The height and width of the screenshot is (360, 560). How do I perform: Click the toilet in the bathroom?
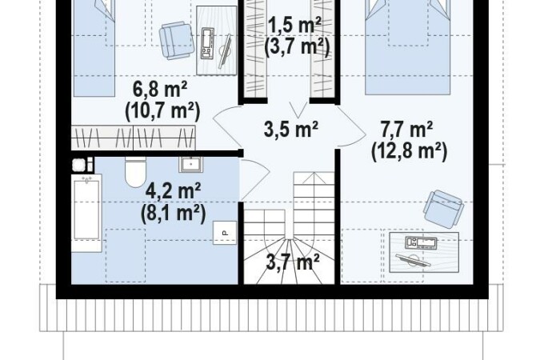(136, 172)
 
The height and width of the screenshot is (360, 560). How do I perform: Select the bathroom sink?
(191, 164)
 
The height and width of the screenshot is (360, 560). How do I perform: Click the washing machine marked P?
(225, 233)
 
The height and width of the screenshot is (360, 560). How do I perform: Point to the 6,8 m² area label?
(160, 90)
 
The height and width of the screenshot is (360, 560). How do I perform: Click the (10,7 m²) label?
(162, 110)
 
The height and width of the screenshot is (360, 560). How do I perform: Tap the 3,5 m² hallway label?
(291, 130)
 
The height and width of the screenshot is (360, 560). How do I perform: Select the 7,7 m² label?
(406, 130)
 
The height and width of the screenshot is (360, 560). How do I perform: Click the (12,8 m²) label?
(410, 151)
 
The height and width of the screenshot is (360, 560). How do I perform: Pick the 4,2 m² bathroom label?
(173, 191)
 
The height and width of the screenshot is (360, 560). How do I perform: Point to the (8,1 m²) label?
(174, 214)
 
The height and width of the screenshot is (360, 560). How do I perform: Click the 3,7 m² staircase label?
(293, 263)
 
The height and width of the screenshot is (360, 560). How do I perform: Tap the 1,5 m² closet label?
(294, 25)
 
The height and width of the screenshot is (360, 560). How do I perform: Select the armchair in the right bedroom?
(443, 210)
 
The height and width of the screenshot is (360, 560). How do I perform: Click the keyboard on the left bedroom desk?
(207, 43)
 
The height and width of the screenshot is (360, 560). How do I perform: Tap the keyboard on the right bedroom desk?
(421, 242)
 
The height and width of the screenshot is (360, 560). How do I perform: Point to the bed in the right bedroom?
(407, 47)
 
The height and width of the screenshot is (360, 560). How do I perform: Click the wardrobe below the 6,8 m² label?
(134, 138)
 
